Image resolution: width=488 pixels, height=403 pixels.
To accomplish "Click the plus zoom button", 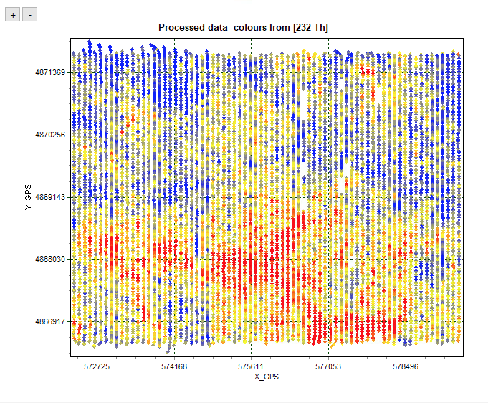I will (13, 14).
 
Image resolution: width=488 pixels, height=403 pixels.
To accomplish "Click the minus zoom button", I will (29, 14).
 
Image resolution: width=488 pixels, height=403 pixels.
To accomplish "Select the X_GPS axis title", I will (266, 377).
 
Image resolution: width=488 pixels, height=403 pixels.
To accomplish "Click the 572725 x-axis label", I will (97, 366).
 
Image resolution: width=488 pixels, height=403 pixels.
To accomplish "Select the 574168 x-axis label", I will (174, 366).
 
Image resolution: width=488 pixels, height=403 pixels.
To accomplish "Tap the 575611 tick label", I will (252, 366).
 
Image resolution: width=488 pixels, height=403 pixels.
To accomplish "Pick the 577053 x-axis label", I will (328, 366).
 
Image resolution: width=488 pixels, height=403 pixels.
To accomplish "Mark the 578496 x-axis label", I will (406, 366).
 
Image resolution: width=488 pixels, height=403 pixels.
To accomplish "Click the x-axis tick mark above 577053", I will (328, 356).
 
